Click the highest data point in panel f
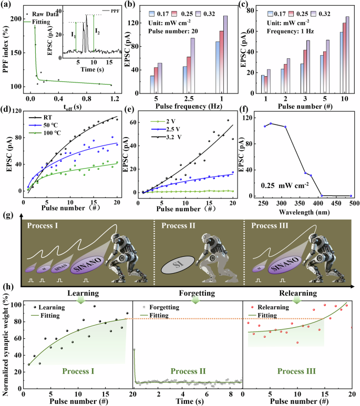[x=270, y=123]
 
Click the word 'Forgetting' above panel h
[x=195, y=292]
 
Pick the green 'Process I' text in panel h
[x=79, y=371]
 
